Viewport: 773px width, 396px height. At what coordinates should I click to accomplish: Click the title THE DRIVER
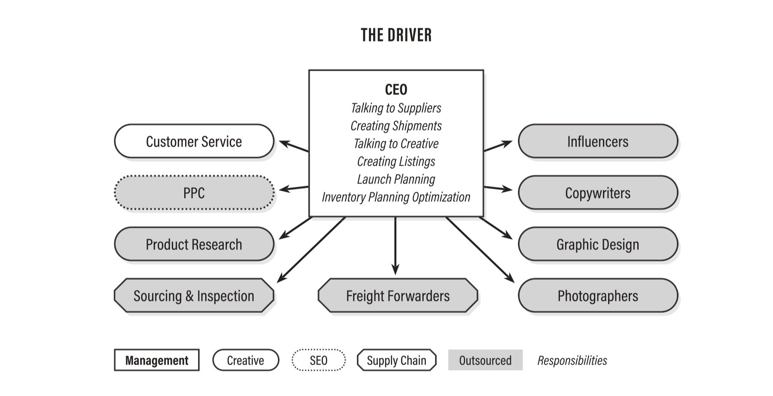(396, 35)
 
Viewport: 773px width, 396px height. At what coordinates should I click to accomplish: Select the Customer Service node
(194, 142)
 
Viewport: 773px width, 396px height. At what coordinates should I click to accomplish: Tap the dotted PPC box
(194, 193)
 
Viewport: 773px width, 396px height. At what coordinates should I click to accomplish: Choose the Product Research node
(194, 245)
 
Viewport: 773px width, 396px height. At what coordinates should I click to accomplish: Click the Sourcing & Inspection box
(194, 296)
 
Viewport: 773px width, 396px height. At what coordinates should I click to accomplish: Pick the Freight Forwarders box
(398, 296)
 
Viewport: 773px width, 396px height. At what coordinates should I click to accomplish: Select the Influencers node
(598, 142)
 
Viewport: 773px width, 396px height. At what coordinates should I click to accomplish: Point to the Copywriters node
(598, 193)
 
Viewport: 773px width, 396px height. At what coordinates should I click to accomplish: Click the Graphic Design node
(598, 245)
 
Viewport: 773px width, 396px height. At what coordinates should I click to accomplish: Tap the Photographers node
(598, 296)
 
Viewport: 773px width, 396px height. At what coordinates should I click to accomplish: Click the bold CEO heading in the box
(396, 90)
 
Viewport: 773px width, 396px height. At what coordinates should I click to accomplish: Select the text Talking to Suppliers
(396, 108)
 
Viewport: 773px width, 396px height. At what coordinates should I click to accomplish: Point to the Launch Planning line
(396, 179)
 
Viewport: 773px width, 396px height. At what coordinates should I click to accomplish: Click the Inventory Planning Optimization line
(396, 197)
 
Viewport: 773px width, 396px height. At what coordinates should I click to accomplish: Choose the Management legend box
(157, 360)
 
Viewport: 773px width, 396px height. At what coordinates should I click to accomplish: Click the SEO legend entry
(319, 360)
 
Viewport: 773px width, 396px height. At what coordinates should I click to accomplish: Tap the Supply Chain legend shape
(396, 360)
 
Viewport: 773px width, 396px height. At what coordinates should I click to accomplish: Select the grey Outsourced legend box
(485, 360)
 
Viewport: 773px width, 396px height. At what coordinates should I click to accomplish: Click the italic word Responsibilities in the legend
(572, 360)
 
